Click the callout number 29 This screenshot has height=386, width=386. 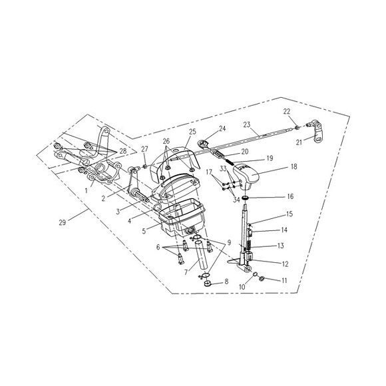(x=63, y=222)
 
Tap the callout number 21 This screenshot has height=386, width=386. (x=299, y=142)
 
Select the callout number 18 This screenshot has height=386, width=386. (x=293, y=166)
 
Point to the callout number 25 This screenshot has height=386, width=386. (x=192, y=132)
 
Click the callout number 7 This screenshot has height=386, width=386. (x=186, y=272)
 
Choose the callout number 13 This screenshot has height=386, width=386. (x=280, y=246)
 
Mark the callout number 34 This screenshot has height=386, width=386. (x=236, y=200)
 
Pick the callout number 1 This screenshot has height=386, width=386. (x=86, y=190)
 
